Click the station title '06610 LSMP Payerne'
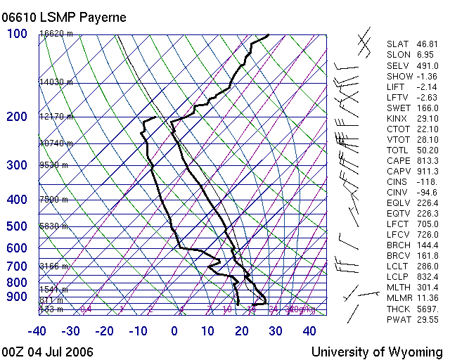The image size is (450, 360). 64,18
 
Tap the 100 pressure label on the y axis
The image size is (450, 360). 17,34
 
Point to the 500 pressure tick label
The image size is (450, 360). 17,226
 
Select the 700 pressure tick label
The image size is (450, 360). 17,266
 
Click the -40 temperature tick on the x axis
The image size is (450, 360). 37,331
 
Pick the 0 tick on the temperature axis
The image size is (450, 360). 174,331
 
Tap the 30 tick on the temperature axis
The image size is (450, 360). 276,331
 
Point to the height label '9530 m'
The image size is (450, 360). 54,165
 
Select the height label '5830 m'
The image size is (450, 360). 54,226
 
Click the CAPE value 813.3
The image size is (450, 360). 427,160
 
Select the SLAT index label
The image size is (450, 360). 397,44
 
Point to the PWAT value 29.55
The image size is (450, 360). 427,320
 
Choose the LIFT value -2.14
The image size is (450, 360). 427,86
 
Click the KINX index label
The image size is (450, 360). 397,118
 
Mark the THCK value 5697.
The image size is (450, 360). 427,309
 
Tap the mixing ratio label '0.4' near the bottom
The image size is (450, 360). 86,309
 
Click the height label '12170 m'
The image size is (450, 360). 56,117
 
